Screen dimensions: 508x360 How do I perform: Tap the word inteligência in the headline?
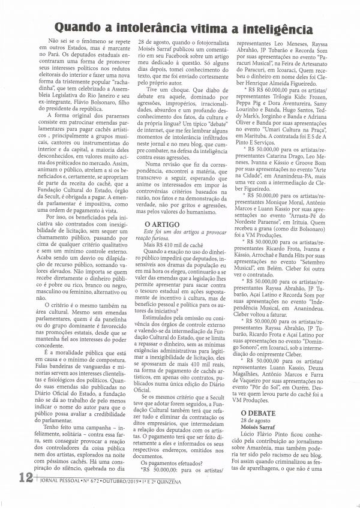click(x=271, y=29)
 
